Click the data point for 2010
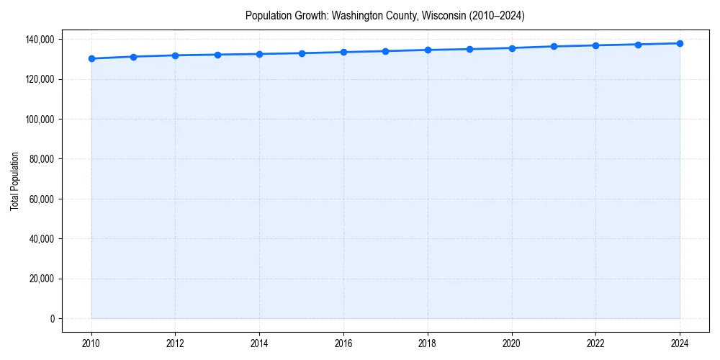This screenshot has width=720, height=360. click(91, 58)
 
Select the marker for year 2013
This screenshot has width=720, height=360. click(217, 55)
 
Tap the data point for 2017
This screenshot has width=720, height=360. click(386, 51)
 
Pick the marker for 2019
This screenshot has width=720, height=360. click(469, 49)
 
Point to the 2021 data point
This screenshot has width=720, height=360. click(554, 46)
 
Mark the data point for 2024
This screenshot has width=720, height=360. click(680, 43)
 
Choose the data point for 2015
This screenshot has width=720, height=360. click(302, 53)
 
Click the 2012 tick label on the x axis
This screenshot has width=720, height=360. click(176, 343)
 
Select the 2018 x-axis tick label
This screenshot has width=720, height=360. click(428, 343)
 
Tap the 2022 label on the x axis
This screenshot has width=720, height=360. click(595, 343)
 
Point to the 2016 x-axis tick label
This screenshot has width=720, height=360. click(343, 343)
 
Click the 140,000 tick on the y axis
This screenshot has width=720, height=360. click(38, 39)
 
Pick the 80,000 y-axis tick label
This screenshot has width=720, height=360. click(40, 159)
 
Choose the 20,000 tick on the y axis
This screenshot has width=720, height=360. click(40, 279)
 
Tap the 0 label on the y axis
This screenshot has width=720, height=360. click(52, 319)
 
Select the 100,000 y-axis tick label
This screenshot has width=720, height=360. click(38, 119)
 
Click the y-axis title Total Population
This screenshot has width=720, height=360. click(14, 181)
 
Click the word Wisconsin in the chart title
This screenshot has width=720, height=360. click(431, 15)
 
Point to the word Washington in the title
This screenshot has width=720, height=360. click(356, 15)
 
